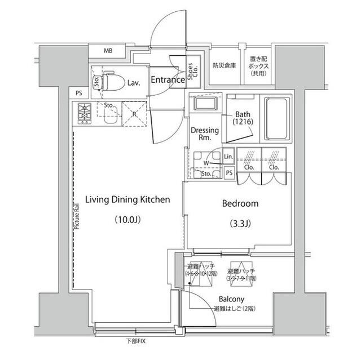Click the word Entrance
coord(168,80)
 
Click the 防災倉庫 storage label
coord(224,65)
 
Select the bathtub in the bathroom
coord(276,120)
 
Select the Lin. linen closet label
coord(228,157)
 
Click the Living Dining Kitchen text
coord(127,199)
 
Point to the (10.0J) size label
coord(126,220)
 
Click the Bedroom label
coord(240,203)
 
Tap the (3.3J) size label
coord(240,224)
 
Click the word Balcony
coord(232,299)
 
